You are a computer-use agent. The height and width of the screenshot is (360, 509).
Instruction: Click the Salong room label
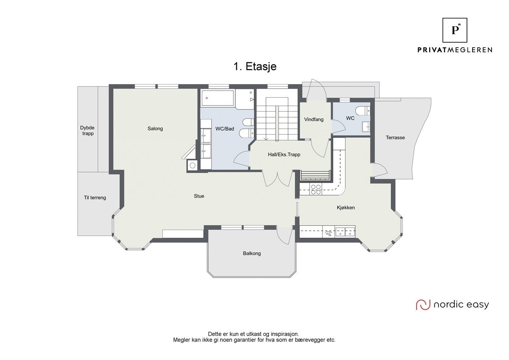tap(155, 129)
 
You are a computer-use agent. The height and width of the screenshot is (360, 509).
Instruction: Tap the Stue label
tap(199, 196)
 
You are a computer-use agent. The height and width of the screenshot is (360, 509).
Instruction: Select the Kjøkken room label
tap(346, 208)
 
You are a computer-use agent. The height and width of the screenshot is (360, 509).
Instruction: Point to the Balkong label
tap(252, 253)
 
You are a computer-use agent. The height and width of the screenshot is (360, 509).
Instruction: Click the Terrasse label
tap(395, 138)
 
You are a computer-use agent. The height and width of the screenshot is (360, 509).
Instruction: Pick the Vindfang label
tap(314, 119)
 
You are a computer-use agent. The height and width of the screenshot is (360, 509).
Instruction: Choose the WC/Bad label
tap(224, 129)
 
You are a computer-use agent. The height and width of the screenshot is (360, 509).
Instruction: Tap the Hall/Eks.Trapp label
tap(284, 155)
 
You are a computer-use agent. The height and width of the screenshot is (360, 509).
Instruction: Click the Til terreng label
tap(95, 198)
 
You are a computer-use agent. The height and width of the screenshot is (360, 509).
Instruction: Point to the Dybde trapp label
tap(87, 130)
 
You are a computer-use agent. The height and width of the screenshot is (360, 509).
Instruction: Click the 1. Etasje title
tap(255, 66)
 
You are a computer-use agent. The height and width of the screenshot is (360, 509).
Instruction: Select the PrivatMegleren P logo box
tap(455, 30)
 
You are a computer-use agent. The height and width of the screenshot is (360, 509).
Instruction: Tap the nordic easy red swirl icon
tap(423, 304)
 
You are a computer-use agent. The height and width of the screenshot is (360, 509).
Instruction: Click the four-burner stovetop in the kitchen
tap(316, 189)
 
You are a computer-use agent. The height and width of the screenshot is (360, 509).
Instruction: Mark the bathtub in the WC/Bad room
tap(218, 98)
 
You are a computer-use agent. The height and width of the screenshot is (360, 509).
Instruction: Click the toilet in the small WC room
tap(363, 111)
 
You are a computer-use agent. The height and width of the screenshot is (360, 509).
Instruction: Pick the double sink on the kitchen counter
tap(345, 232)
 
